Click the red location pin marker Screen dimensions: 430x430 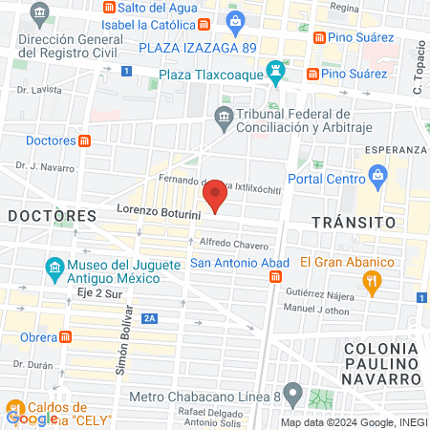tap(216, 197)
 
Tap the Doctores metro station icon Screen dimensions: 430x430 tap(85, 140)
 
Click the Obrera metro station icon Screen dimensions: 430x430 tap(65, 336)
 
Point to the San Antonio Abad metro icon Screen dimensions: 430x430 tap(275, 277)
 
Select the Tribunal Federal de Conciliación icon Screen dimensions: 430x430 tap(223, 118)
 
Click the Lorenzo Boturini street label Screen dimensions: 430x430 tap(158, 211)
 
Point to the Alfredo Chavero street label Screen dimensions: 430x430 tap(234, 243)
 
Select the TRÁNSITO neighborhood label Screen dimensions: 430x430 tap(355, 221)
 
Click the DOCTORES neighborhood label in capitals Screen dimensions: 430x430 tap(53, 216)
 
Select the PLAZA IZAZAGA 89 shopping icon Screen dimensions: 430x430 tap(235, 20)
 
